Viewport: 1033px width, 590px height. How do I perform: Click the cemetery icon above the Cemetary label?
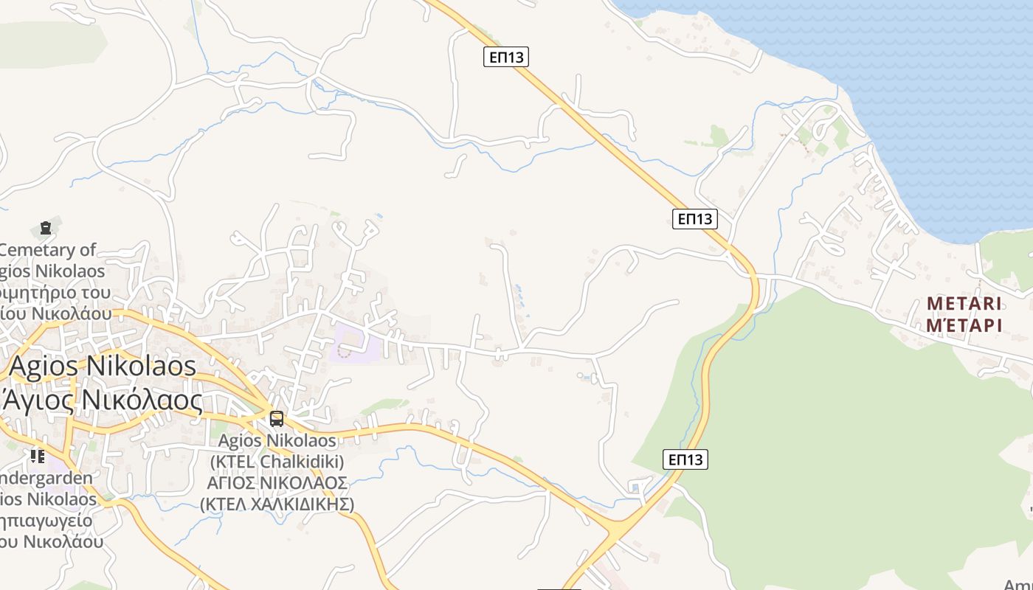(46, 228)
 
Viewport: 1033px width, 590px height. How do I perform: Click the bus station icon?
(277, 419)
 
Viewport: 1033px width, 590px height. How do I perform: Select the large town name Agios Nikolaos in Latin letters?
(103, 367)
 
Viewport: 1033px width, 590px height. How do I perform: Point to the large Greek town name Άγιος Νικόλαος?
(103, 400)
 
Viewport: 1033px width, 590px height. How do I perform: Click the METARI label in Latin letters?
(964, 304)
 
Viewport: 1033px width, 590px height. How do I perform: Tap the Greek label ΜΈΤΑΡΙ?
(964, 325)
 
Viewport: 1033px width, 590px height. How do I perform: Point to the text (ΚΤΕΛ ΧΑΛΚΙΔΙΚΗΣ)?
(277, 504)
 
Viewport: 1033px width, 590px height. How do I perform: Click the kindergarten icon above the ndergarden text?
(38, 456)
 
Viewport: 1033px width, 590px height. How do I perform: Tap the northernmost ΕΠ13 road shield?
(506, 57)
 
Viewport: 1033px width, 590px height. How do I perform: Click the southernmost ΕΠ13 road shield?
(685, 459)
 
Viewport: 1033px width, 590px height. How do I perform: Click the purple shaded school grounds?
(357, 344)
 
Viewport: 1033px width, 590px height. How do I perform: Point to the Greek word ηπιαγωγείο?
(46, 521)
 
